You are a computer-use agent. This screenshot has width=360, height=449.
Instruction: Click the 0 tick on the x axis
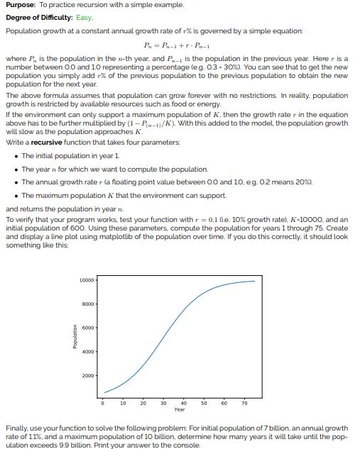click(104, 404)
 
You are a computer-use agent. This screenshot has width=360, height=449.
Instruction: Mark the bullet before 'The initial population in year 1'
click(16, 155)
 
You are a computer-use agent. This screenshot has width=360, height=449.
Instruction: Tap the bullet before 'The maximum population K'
click(16, 195)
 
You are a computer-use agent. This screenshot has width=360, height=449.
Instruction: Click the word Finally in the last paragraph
click(17, 428)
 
